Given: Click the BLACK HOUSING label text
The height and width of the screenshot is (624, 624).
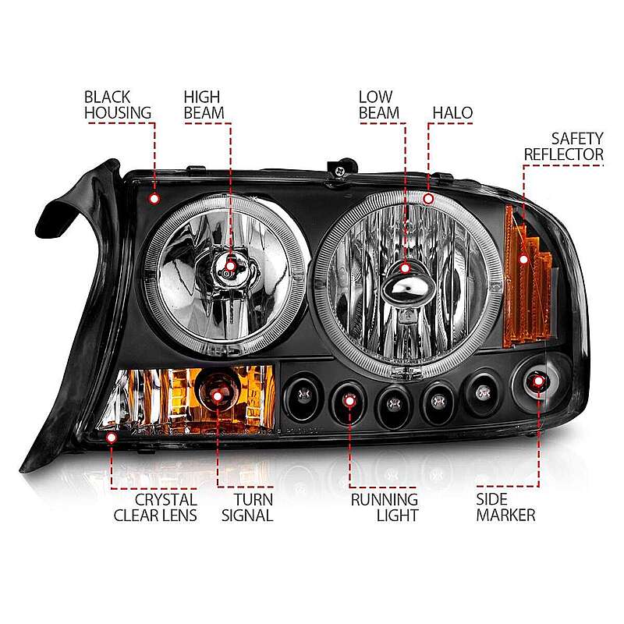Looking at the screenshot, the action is tap(118, 105).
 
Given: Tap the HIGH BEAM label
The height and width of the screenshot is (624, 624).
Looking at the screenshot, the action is tap(204, 105).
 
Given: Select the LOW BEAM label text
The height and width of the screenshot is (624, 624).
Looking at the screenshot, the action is tap(378, 105).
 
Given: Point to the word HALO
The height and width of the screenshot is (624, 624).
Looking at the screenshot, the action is tap(452, 112).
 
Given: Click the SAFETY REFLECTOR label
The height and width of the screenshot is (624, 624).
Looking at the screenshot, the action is tap(563, 147).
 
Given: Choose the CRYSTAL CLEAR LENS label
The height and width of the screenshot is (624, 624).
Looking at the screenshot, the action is tap(155, 508).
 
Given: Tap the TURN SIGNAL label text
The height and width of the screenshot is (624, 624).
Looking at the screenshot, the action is tap(247, 508).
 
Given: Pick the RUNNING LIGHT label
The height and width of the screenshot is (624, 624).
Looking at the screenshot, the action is tap(385, 508).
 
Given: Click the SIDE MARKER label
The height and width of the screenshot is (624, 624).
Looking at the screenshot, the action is tap(505, 508).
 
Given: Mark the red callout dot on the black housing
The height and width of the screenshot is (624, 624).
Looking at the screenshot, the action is tap(154, 199).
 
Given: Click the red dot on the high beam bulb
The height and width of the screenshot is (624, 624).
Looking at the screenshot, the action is tap(230, 266).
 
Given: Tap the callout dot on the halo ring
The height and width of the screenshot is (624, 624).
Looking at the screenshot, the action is tap(428, 199).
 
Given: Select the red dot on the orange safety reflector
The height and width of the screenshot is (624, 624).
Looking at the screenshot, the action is tap(523, 260).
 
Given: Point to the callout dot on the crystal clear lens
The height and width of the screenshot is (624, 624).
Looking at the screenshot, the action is tap(112, 438).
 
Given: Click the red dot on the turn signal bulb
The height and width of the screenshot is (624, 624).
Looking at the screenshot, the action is tap(218, 396).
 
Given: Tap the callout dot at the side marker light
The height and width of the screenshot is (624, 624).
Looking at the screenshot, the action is tap(538, 381).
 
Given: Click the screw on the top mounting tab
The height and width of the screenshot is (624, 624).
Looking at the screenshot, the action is tap(340, 172).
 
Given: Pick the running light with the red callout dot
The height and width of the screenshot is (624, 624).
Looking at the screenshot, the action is tap(349, 401).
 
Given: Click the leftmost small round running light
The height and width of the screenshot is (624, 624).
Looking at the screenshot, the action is tap(303, 395).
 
